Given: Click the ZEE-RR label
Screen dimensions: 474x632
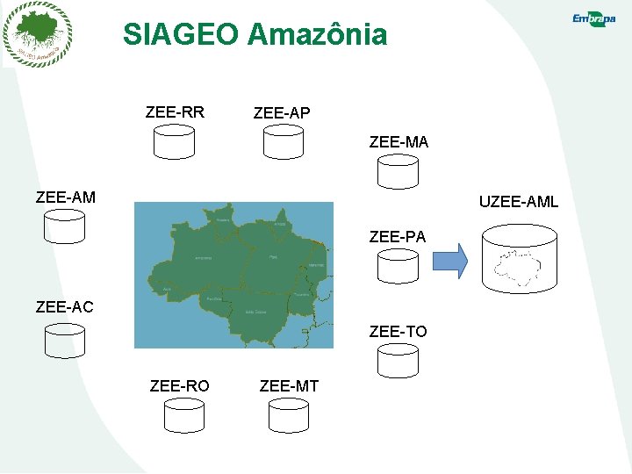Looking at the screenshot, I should click(x=175, y=111).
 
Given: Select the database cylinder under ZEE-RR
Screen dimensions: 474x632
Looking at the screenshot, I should click(x=174, y=141).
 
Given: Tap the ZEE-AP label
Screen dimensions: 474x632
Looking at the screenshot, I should click(x=281, y=113).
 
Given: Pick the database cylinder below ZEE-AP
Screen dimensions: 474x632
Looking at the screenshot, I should click(x=284, y=141).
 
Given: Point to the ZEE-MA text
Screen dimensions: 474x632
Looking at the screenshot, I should click(x=399, y=141).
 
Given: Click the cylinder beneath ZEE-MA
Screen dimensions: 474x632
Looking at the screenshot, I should click(x=398, y=171).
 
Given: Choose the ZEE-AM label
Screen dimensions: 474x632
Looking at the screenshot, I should click(x=66, y=197).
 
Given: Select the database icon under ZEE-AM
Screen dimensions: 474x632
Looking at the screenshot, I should click(x=64, y=226).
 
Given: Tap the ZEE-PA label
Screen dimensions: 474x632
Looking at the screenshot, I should click(x=398, y=236).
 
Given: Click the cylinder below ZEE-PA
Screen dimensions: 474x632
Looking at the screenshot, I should click(x=398, y=265).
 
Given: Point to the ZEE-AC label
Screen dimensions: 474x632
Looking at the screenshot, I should click(x=64, y=306).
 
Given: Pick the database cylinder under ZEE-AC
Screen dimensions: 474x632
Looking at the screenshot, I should click(x=64, y=340).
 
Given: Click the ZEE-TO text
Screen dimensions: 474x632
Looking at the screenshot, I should click(x=398, y=331).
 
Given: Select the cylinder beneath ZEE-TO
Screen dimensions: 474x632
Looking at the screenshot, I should click(x=398, y=360).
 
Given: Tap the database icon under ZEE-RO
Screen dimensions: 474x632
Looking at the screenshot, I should click(x=183, y=415).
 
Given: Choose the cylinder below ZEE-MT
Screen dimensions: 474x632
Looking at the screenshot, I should click(x=288, y=415).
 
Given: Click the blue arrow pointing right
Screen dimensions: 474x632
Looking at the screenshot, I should click(x=451, y=261).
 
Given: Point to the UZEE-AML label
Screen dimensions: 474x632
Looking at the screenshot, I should click(x=518, y=203).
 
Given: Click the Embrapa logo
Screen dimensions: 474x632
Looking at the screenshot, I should click(x=593, y=19).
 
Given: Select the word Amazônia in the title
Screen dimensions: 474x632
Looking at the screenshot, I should click(x=317, y=35).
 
